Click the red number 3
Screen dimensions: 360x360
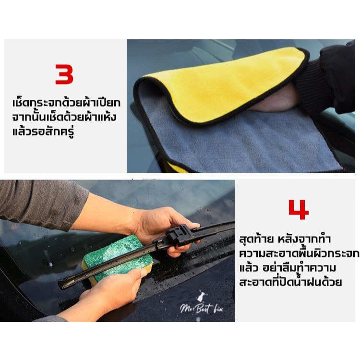pos(64,74)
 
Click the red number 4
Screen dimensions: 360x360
pos(298,210)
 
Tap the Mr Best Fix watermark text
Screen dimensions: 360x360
pos(201,308)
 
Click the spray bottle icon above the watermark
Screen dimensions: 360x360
pos(201,296)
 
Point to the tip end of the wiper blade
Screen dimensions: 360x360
pos(60,285)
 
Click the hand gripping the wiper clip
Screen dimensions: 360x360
pos(165,229)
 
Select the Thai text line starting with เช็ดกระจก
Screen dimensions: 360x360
pos(66,103)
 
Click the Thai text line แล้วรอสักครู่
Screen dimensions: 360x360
pos(43,132)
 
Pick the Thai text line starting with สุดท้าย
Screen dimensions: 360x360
pos(285,239)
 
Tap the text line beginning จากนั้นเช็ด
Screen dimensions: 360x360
pos(64,117)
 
